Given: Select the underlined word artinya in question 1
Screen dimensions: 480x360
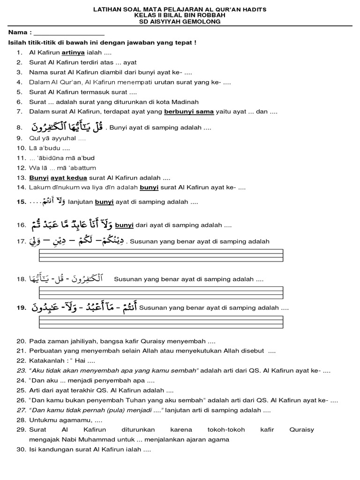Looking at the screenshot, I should click(73, 53).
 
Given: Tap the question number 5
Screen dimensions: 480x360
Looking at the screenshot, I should click(19, 92).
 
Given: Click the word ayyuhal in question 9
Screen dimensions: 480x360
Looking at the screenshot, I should click(64, 138).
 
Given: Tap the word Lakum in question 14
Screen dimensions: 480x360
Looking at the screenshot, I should click(38, 188).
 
